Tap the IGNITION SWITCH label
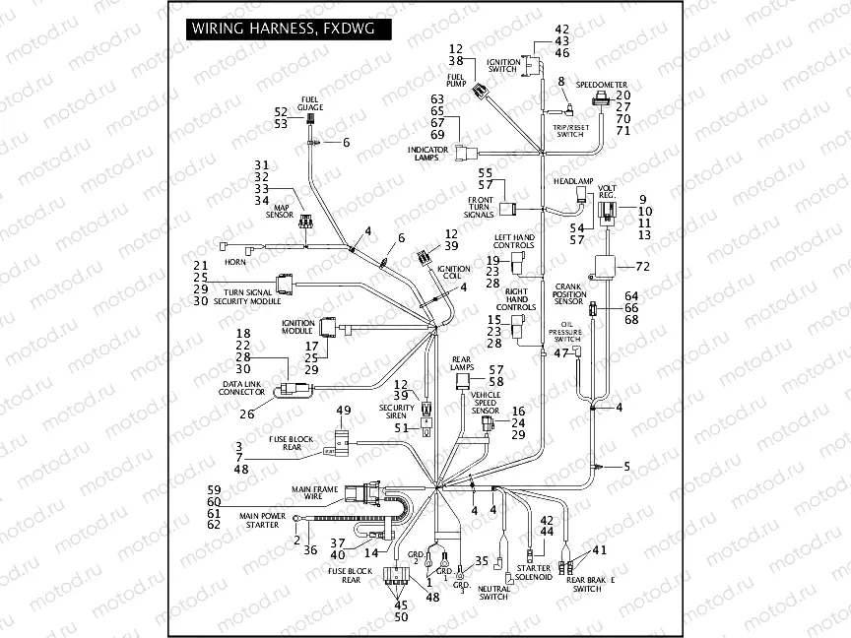click(x=502, y=66)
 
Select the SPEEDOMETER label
click(x=601, y=85)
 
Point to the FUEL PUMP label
click(x=456, y=80)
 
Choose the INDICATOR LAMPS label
click(x=428, y=154)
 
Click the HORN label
click(x=234, y=262)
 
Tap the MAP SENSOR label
click(x=283, y=212)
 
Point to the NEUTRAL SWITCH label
click(x=492, y=593)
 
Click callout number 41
click(x=601, y=549)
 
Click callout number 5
click(x=626, y=466)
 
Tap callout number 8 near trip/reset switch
click(x=561, y=81)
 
